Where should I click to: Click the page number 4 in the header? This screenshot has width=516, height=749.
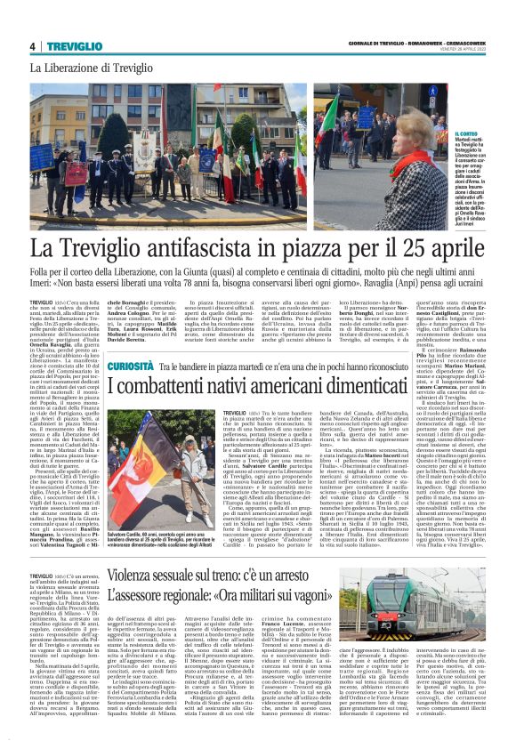click(x=33, y=46)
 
